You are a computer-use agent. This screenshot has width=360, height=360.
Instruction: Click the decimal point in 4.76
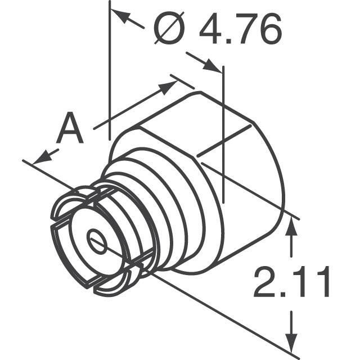pyautogui.click(x=229, y=43)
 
